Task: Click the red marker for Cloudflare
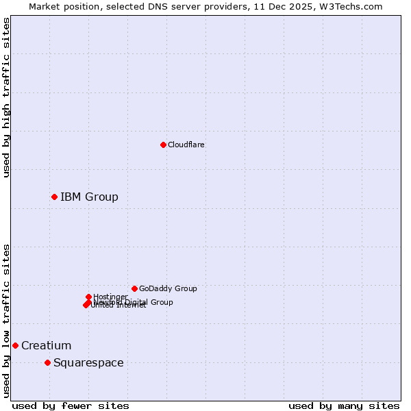(x=163, y=145)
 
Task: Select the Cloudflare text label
(x=186, y=145)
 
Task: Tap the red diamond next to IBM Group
(x=54, y=197)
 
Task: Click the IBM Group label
(x=89, y=197)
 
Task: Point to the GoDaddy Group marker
(x=134, y=288)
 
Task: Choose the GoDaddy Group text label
(x=168, y=288)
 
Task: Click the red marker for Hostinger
(x=88, y=297)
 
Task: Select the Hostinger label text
(x=110, y=297)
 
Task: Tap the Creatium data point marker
(x=15, y=345)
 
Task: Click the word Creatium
(x=46, y=346)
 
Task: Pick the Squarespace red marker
(x=47, y=362)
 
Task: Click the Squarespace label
(x=88, y=363)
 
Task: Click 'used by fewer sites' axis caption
(x=71, y=406)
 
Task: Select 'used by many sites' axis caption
(x=344, y=406)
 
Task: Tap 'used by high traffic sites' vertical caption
(x=6, y=97)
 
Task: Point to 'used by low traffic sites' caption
(x=6, y=321)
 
